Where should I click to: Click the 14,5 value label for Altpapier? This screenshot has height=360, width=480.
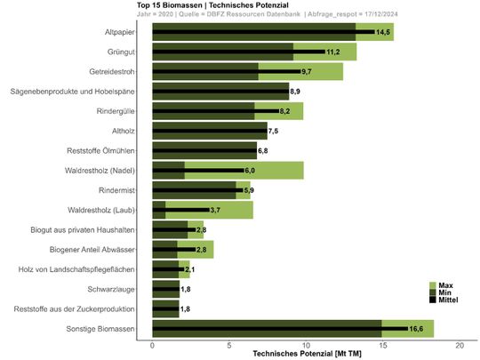(383, 32)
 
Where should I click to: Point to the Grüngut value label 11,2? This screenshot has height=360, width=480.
(332, 52)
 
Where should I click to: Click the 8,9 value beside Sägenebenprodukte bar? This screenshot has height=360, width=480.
(297, 92)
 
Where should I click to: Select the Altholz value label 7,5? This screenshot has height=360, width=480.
(274, 131)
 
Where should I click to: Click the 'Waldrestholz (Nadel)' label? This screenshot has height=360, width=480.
(100, 170)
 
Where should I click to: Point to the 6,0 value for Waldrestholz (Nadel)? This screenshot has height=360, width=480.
(251, 170)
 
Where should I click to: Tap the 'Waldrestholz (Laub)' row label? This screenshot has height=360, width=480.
(101, 210)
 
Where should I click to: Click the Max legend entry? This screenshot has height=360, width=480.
(446, 284)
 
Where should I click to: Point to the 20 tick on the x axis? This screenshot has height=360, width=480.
(460, 344)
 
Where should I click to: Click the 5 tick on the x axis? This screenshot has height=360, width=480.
(229, 344)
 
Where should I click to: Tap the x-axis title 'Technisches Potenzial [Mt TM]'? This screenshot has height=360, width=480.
(307, 353)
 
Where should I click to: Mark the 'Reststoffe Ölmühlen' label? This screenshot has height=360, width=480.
(101, 150)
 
